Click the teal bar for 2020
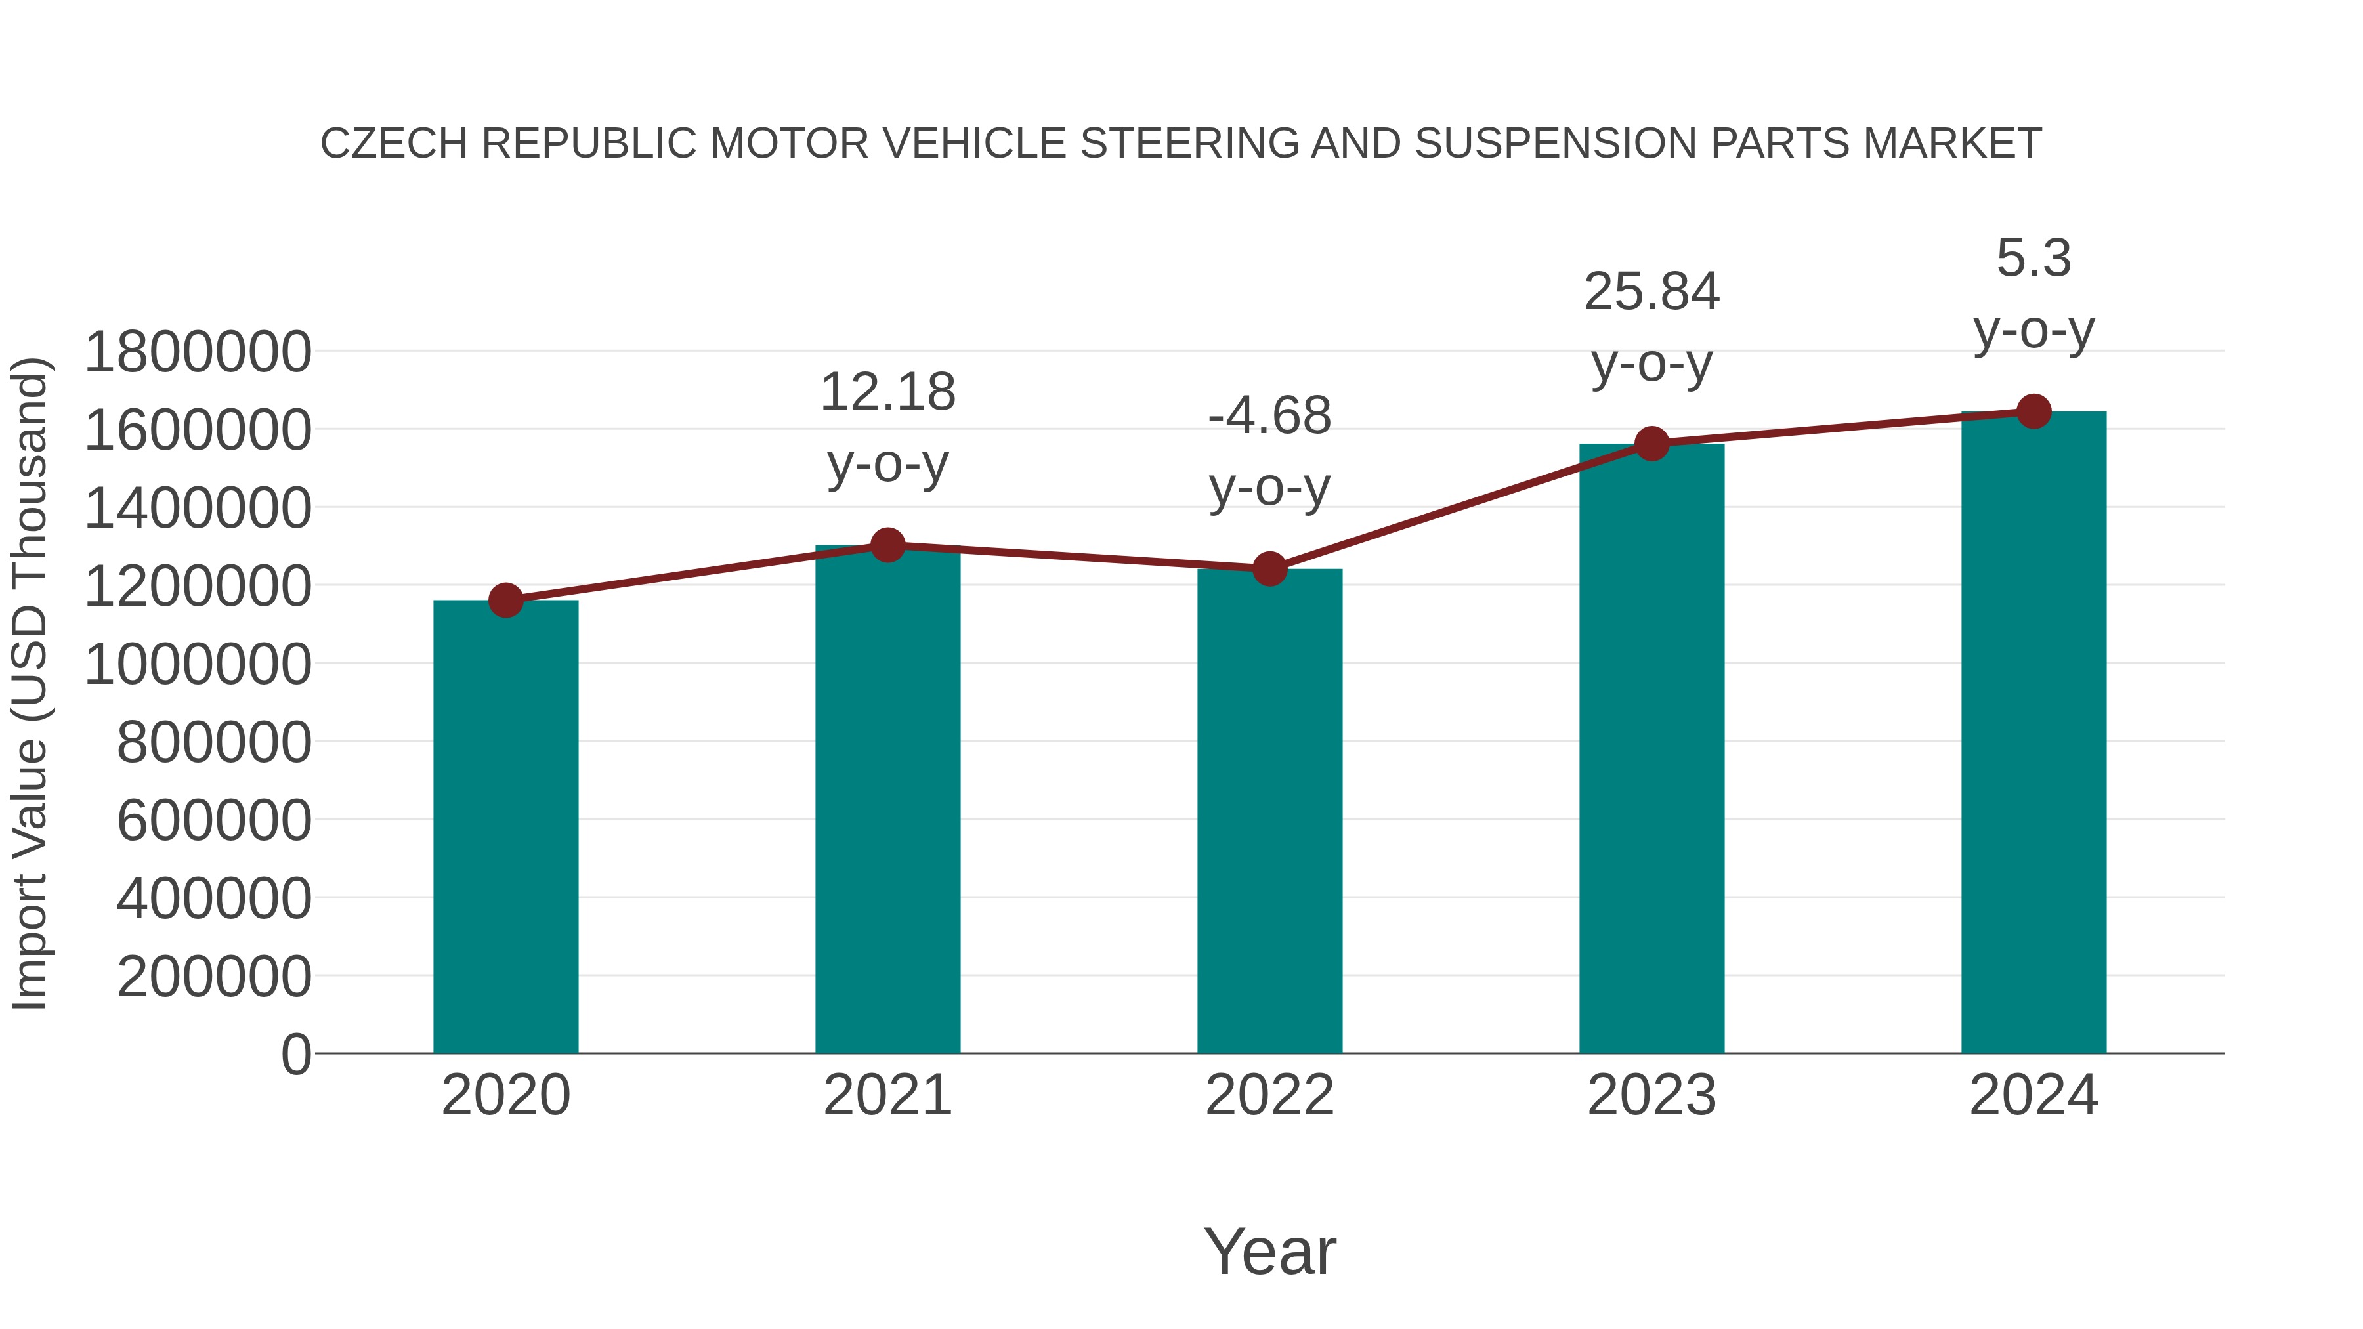click(x=505, y=826)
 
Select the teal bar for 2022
click(x=1269, y=812)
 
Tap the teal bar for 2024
click(x=2033, y=734)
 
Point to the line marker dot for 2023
click(x=1651, y=444)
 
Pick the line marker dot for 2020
click(x=505, y=601)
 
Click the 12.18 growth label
click(x=887, y=392)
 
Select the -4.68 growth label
click(x=1269, y=416)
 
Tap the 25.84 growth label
click(x=1651, y=293)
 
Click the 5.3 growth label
click(x=2033, y=259)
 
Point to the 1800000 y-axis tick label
click(x=197, y=352)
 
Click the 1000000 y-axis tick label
click(x=197, y=664)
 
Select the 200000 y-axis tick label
click(x=214, y=976)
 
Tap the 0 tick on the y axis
click(x=296, y=1054)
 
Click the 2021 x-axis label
click(x=887, y=1095)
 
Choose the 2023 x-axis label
click(x=1651, y=1095)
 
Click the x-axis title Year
click(x=1269, y=1251)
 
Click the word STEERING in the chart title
click(x=1190, y=144)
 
